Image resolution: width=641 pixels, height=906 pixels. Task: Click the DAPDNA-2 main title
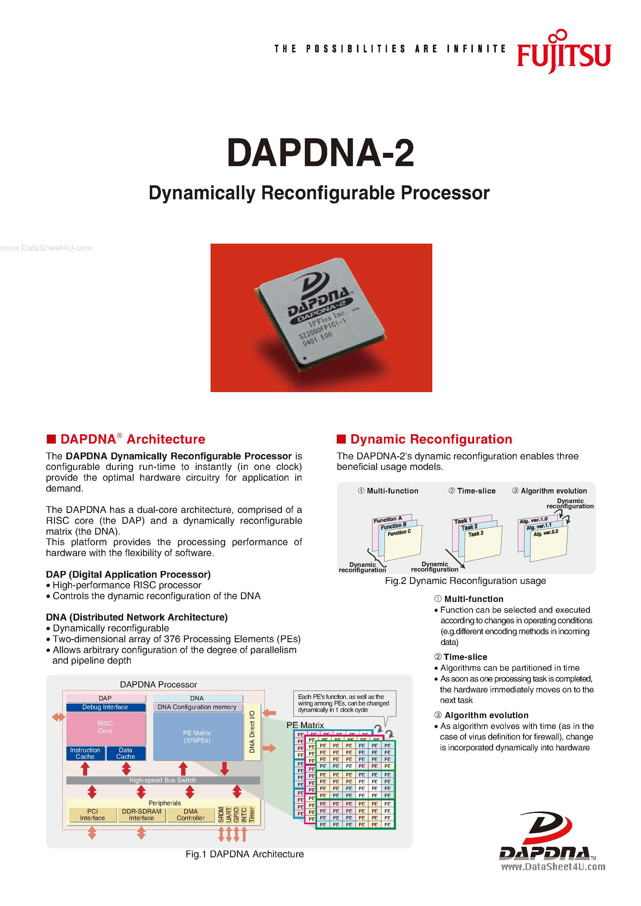click(320, 153)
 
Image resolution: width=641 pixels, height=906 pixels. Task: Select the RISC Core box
click(105, 727)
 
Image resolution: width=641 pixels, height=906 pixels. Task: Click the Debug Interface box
click(105, 707)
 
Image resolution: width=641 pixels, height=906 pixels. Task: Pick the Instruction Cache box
click(85, 753)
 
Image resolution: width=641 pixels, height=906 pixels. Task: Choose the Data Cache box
click(126, 753)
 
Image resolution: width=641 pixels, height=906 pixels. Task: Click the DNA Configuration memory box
click(197, 707)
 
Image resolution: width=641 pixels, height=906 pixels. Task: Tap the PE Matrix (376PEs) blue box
click(197, 737)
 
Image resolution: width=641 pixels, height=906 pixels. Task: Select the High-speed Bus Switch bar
click(162, 780)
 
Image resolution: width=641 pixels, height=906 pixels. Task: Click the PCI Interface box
click(93, 815)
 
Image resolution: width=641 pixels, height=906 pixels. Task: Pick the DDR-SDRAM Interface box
click(142, 815)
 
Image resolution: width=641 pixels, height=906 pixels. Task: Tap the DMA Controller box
click(191, 815)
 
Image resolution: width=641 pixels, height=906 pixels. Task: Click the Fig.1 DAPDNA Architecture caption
click(245, 854)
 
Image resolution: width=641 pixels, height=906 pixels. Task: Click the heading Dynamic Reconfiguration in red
click(431, 439)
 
